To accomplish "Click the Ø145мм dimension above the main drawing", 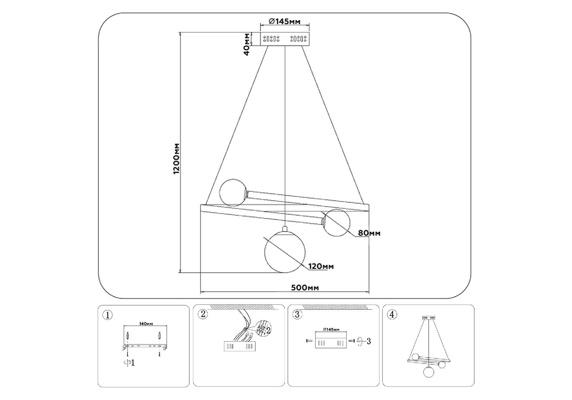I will [284, 21].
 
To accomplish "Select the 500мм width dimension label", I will [305, 287].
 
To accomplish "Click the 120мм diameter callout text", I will [321, 267].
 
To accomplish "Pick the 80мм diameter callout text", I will [369, 234].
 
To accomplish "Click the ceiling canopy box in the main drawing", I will [284, 39].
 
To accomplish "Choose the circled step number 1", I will [107, 315].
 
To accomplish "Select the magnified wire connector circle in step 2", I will [262, 329].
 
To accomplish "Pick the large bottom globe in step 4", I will [428, 372].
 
